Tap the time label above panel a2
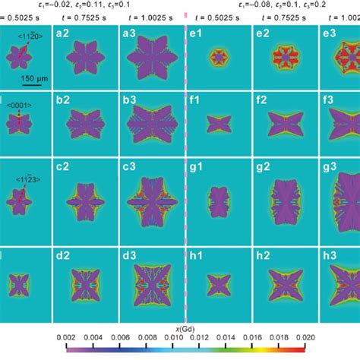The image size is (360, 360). click(83, 18)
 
